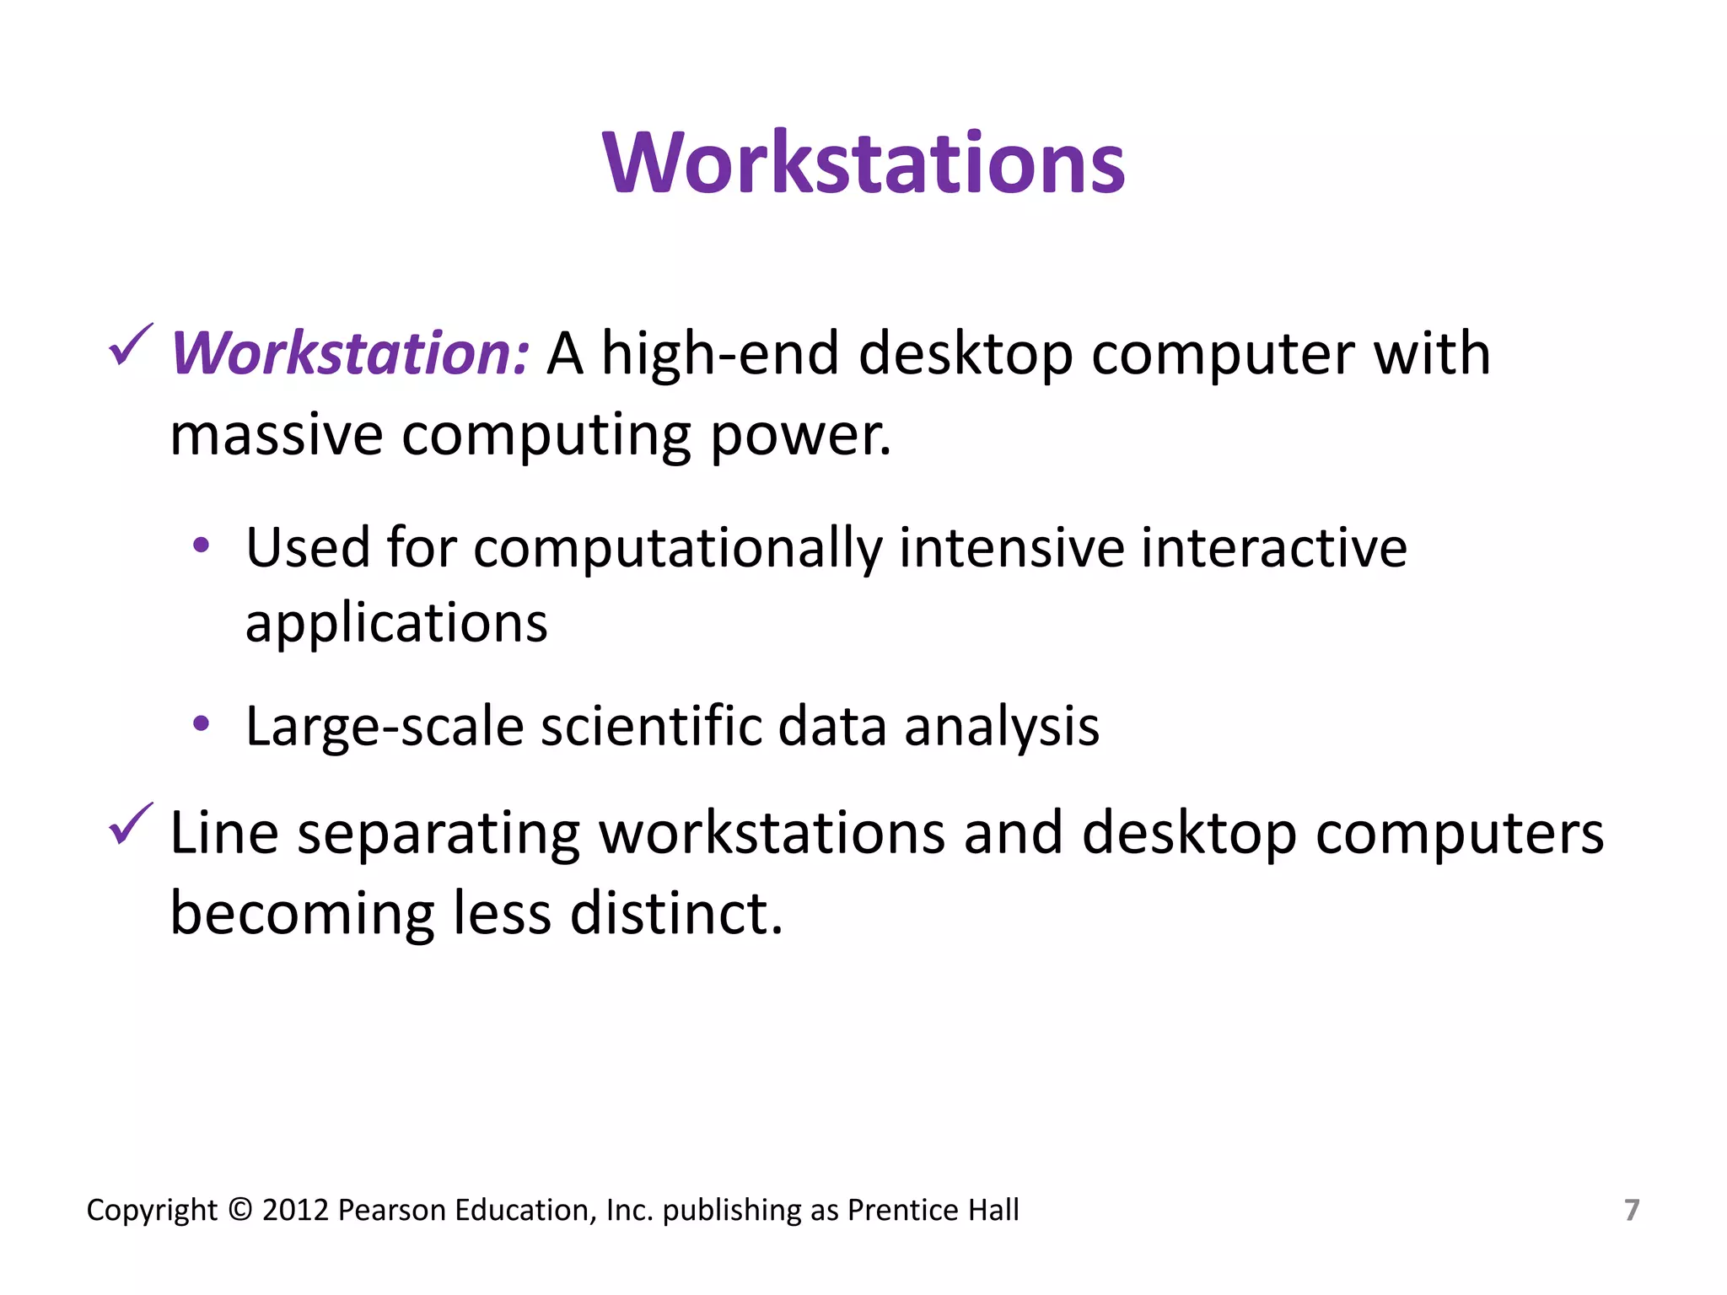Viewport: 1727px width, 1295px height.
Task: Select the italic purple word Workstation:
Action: pyautogui.click(x=350, y=353)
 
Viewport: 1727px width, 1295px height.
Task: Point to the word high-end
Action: pyautogui.click(x=719, y=353)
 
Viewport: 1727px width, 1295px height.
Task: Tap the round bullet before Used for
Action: pyautogui.click(x=201, y=545)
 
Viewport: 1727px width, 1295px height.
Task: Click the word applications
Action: pyautogui.click(x=396, y=625)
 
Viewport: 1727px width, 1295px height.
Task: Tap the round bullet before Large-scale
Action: pyautogui.click(x=201, y=723)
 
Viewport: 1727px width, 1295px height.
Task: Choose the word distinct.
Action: pyautogui.click(x=676, y=913)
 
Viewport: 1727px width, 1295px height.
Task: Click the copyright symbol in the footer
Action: pyautogui.click(x=240, y=1210)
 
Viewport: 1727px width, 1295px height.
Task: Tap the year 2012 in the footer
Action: pyautogui.click(x=295, y=1210)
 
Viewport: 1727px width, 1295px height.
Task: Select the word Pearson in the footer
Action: pyautogui.click(x=391, y=1210)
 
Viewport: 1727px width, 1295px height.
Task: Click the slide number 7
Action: pyautogui.click(x=1632, y=1210)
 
